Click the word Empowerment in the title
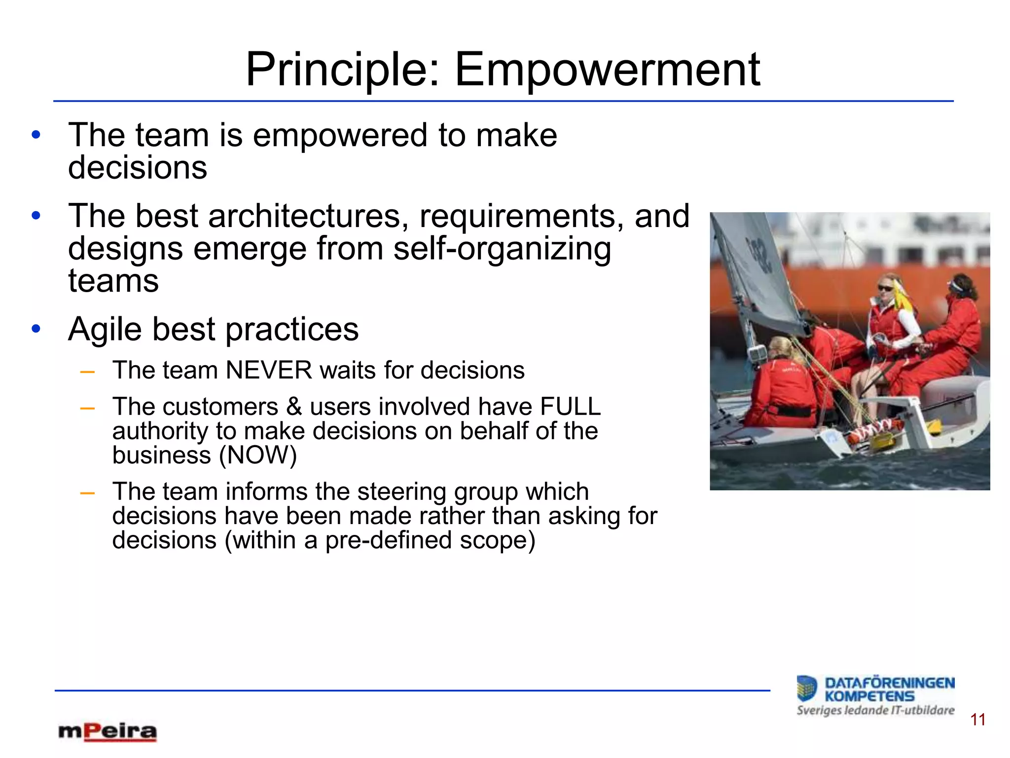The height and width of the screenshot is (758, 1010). coord(607,70)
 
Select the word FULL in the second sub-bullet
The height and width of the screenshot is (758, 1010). coord(570,407)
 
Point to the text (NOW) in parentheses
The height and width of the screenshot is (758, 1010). coord(258,455)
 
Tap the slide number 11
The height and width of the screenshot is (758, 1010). coord(977,720)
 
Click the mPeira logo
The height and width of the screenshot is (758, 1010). coord(108,732)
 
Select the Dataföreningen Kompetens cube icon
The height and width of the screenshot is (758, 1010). coord(807,688)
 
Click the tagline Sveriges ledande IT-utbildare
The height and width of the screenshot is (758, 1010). coord(875,711)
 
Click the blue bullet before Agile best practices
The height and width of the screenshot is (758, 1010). coord(36,329)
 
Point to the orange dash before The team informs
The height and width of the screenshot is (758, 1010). coord(87,493)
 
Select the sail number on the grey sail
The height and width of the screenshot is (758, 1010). coord(759,254)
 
